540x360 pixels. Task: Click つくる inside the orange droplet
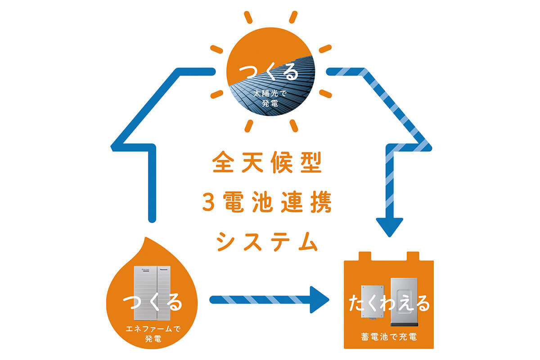click(152, 302)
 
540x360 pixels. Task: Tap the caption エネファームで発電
click(152, 333)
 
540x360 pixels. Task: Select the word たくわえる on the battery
click(389, 304)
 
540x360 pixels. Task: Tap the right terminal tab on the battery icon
click(413, 256)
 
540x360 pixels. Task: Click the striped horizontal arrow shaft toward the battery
click(256, 299)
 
